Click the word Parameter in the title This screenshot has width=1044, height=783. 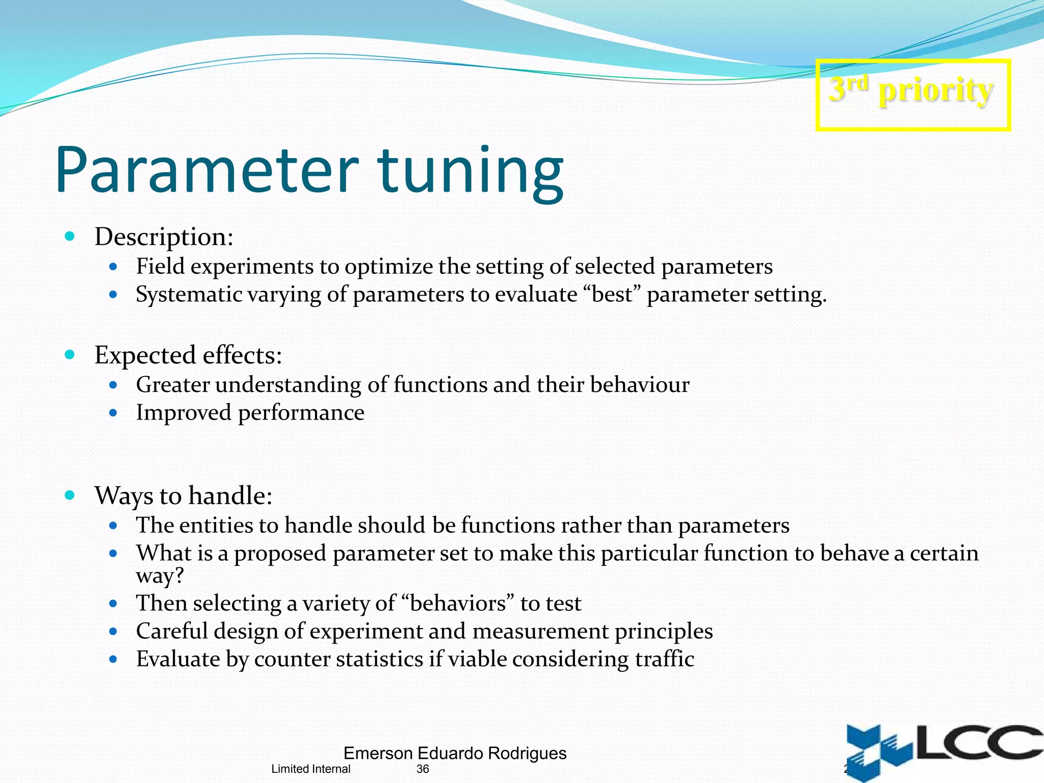(x=206, y=171)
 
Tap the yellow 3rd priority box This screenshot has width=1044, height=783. (x=912, y=95)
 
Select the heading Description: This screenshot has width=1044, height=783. (x=164, y=237)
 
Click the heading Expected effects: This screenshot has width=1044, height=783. (x=188, y=355)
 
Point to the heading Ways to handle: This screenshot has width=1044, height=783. (x=183, y=495)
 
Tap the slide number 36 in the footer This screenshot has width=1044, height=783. (x=423, y=769)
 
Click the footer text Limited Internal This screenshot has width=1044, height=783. (x=310, y=769)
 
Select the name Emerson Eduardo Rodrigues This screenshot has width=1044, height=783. (x=455, y=753)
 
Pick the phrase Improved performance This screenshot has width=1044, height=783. (x=250, y=413)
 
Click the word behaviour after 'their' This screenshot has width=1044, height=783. (x=639, y=385)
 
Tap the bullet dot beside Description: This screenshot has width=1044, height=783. (x=70, y=236)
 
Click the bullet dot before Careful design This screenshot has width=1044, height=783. (x=113, y=632)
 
